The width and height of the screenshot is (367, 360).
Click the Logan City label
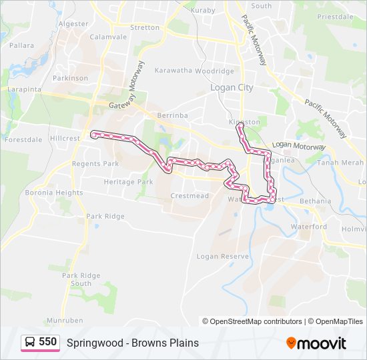[x=232, y=87]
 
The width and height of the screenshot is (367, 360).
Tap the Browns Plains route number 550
[x=47, y=342]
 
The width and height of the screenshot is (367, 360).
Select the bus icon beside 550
[x=31, y=343]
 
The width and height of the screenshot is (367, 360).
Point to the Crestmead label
[x=190, y=196]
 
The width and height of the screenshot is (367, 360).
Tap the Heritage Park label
[x=128, y=182]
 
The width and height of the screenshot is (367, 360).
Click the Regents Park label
[x=95, y=164]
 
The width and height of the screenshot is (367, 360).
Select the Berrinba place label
[x=173, y=115]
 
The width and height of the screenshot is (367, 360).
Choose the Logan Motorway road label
[x=299, y=145]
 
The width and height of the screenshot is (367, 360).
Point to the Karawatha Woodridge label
[x=194, y=71]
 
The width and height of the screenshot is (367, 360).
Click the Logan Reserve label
[x=222, y=256]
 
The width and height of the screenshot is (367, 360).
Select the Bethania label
[x=315, y=201]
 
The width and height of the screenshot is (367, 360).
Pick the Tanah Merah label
[x=340, y=163]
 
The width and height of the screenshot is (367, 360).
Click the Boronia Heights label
[x=54, y=193]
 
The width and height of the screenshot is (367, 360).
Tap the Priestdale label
[x=335, y=17]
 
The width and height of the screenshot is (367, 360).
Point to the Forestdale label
[x=23, y=140]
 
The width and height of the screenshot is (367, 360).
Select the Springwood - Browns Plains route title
[x=133, y=343]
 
